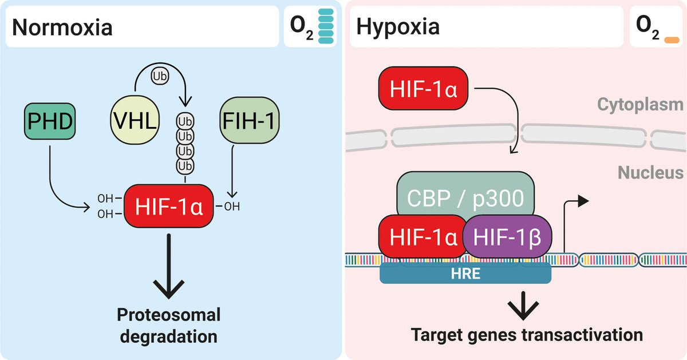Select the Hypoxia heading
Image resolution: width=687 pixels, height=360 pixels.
tap(398, 27)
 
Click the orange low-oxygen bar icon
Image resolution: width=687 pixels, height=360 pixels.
tap(670, 40)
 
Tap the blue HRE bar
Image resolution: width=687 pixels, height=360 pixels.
tap(465, 274)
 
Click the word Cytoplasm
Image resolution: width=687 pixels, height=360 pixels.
tap(640, 104)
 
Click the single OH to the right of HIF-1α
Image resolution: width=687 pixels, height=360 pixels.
tap(232, 206)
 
